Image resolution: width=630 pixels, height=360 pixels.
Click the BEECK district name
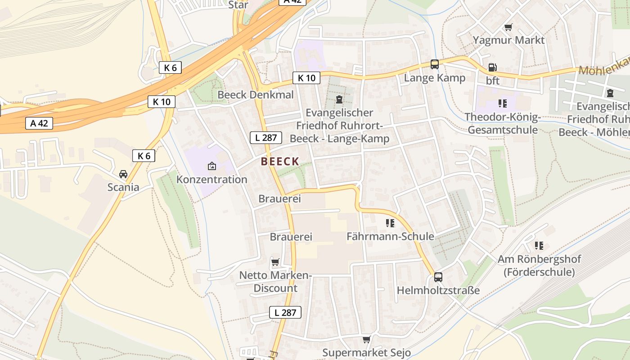tap(280, 162)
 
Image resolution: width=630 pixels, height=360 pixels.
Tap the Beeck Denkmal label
tap(255, 95)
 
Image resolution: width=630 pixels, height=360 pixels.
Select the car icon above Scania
tap(123, 174)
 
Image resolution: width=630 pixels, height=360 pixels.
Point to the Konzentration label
tap(211, 180)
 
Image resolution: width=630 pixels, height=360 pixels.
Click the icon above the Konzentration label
tap(212, 166)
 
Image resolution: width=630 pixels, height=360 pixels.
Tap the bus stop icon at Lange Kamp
tap(434, 64)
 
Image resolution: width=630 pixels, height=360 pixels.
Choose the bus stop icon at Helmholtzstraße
tap(438, 277)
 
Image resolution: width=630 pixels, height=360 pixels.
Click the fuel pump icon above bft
tap(493, 67)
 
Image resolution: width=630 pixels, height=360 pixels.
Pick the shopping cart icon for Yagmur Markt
tap(508, 27)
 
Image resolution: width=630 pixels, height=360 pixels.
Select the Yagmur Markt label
tap(508, 40)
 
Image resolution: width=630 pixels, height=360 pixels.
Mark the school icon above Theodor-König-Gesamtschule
tap(503, 103)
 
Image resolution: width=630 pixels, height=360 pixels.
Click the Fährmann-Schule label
tap(390, 236)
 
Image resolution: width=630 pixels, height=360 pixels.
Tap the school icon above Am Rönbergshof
tap(539, 246)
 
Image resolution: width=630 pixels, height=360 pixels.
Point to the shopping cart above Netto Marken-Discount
tap(275, 262)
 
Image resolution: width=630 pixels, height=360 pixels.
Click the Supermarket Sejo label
tap(366, 352)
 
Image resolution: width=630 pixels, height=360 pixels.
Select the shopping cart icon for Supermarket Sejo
tap(366, 339)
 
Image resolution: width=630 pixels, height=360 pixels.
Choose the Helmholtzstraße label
tap(438, 291)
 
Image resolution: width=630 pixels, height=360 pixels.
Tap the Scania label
tap(123, 187)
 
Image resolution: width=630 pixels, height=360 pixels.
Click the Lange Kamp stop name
tap(434, 78)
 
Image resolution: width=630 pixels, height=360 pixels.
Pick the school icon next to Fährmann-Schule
tap(390, 223)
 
